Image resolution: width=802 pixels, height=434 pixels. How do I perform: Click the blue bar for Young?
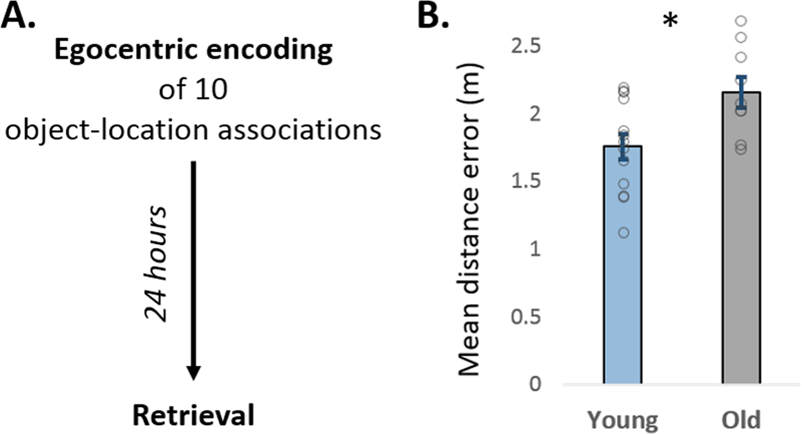click(622, 270)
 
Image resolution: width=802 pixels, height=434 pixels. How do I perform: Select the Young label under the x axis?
click(622, 420)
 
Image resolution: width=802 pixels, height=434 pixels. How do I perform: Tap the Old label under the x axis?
click(741, 420)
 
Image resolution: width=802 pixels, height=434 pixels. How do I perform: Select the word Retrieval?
click(193, 415)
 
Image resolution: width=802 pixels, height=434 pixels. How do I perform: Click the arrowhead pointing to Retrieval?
click(193, 372)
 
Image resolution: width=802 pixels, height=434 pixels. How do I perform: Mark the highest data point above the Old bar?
click(741, 21)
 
